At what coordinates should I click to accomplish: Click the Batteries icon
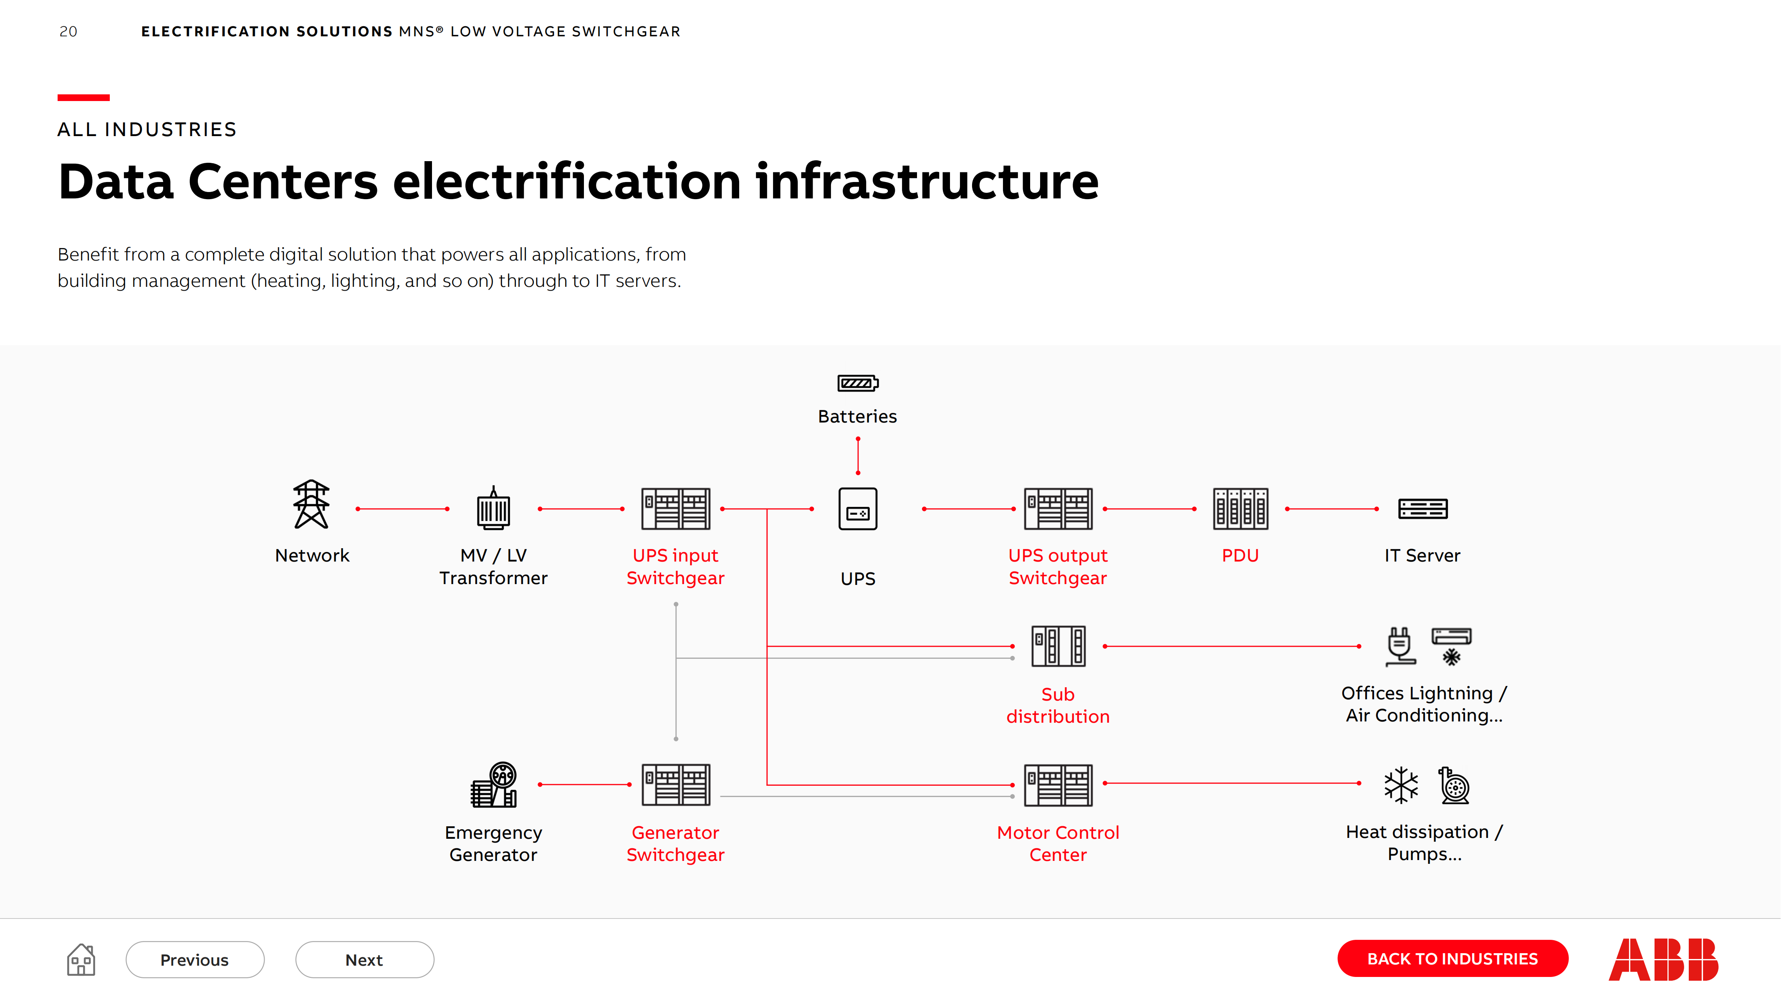coord(857,382)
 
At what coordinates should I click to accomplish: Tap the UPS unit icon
coord(857,509)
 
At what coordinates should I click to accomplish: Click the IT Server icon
coord(1422,509)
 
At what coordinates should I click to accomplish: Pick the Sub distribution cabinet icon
coord(1058,646)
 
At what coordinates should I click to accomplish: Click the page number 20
coord(68,32)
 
